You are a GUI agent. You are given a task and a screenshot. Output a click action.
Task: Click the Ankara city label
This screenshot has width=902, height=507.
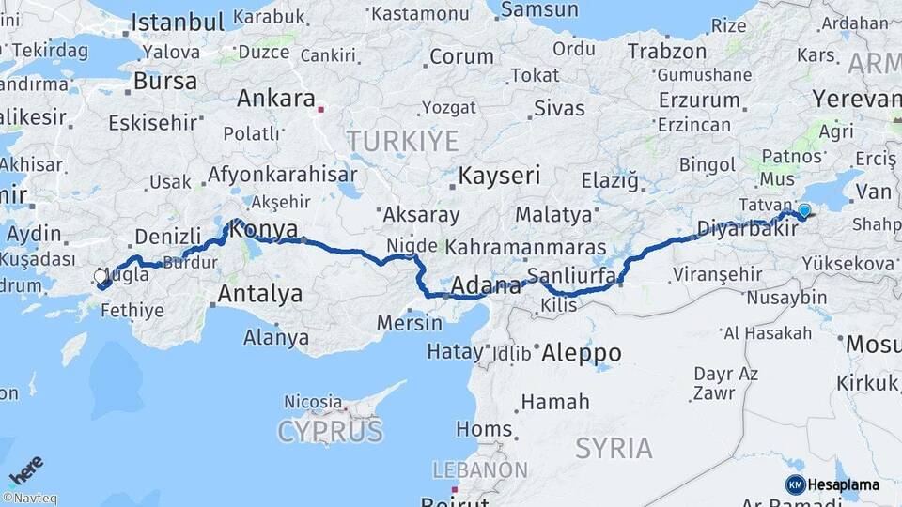pyautogui.click(x=275, y=99)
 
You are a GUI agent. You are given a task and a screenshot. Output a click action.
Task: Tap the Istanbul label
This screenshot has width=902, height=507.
pyautogui.click(x=177, y=22)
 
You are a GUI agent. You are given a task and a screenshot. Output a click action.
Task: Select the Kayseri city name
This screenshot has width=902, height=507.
pyautogui.click(x=499, y=176)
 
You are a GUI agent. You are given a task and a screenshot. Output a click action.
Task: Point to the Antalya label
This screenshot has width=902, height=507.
pyautogui.click(x=260, y=294)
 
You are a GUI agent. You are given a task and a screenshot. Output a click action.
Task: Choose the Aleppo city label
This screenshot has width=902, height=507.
pyautogui.click(x=581, y=353)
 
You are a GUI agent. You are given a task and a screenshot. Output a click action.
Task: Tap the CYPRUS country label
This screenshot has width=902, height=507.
pyautogui.click(x=330, y=432)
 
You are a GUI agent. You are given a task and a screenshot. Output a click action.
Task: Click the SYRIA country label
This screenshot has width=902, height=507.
pyautogui.click(x=614, y=448)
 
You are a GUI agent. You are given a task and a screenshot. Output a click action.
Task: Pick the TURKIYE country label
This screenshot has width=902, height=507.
pyautogui.click(x=403, y=142)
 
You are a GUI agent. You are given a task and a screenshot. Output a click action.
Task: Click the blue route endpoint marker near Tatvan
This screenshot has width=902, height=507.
pyautogui.click(x=804, y=210)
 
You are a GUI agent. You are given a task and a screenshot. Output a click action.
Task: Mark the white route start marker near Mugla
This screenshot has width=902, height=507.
pyautogui.click(x=101, y=277)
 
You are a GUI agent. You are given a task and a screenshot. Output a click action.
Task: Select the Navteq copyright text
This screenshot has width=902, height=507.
pyautogui.click(x=29, y=499)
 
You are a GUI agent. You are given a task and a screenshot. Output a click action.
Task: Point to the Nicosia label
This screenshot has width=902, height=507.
pyautogui.click(x=314, y=402)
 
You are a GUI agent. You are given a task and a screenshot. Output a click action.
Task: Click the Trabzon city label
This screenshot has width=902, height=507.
pyautogui.click(x=666, y=51)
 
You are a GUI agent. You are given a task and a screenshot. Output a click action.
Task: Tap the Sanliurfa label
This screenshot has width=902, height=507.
pyautogui.click(x=571, y=276)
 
